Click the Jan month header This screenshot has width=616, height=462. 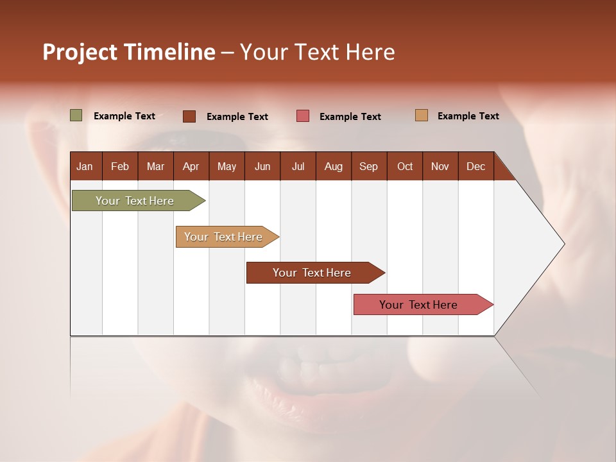click(x=85, y=166)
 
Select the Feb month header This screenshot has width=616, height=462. click(x=120, y=166)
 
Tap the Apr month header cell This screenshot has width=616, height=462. click(x=191, y=166)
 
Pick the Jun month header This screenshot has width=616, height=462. click(x=262, y=166)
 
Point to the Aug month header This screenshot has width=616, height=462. click(x=333, y=166)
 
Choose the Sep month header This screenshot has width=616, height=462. click(x=368, y=166)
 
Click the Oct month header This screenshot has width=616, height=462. click(x=404, y=166)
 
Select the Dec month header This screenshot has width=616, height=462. click(x=475, y=166)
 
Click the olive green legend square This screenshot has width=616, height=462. click(x=76, y=116)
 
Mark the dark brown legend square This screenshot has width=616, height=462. click(x=189, y=116)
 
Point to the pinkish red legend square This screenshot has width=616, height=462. click(x=302, y=116)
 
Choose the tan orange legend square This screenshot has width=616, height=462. click(x=421, y=116)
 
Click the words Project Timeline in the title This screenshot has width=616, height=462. click(x=128, y=52)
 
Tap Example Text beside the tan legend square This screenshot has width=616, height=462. click(x=468, y=116)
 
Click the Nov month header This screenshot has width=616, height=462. click(x=440, y=166)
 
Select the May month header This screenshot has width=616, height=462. click(x=227, y=166)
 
